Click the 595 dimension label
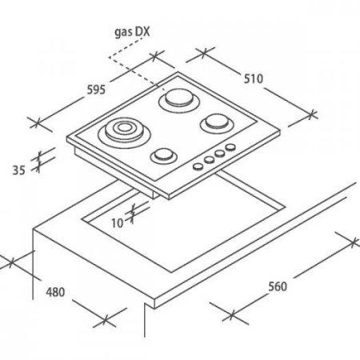point(96,90)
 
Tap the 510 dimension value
point(254,78)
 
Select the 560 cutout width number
point(278,286)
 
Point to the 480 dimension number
point(55,292)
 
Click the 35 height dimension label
point(18,170)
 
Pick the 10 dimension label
point(117,223)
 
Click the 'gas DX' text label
point(132,32)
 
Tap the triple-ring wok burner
point(124,131)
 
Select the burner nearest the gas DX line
point(179,100)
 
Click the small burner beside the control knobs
point(163,156)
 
